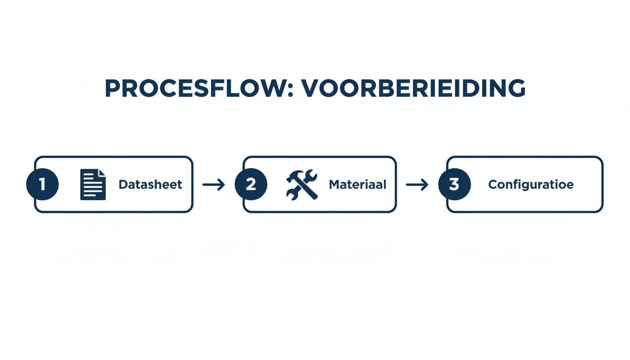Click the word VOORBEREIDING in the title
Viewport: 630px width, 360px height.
(x=413, y=88)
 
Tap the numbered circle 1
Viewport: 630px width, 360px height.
(x=42, y=184)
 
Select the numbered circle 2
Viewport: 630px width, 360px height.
(x=251, y=184)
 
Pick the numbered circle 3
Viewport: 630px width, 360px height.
(x=454, y=184)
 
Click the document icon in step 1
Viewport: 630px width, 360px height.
(x=93, y=184)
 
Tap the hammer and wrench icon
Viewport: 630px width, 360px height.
(x=301, y=184)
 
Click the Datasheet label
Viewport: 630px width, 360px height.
(x=150, y=185)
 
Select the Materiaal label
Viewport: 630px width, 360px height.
(x=358, y=185)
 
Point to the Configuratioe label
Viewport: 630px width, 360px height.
(x=531, y=185)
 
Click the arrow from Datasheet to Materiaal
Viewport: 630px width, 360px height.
(x=214, y=185)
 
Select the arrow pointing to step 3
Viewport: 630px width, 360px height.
(x=417, y=185)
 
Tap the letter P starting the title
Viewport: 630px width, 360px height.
(x=112, y=88)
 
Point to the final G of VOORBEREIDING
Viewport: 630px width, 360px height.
(x=514, y=88)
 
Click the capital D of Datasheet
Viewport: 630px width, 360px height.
(x=123, y=185)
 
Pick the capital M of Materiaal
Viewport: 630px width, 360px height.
(x=334, y=185)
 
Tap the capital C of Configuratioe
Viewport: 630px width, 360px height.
(x=493, y=185)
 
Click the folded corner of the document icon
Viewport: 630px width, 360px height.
(x=102, y=173)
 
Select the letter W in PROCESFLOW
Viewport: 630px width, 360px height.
(x=272, y=88)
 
